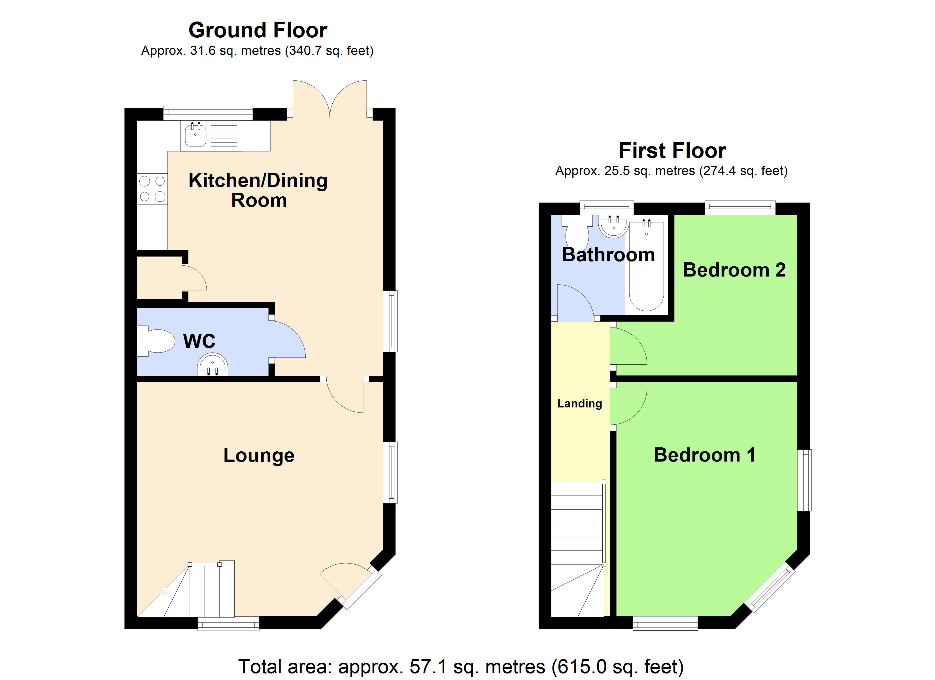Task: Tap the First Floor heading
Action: pyautogui.click(x=672, y=150)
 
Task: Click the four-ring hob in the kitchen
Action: pyautogui.click(x=152, y=188)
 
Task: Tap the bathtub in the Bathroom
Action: pyautogui.click(x=646, y=266)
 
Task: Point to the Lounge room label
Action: pyautogui.click(x=259, y=455)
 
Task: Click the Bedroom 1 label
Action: pyautogui.click(x=705, y=455)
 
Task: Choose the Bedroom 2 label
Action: pyautogui.click(x=734, y=270)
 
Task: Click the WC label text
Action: pyautogui.click(x=199, y=341)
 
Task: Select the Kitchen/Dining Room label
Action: pyautogui.click(x=258, y=190)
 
